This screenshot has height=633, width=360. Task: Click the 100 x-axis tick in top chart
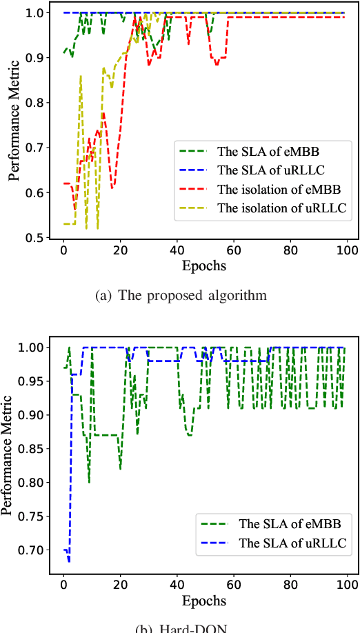click(347, 250)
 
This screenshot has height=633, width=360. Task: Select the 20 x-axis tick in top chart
click(120, 250)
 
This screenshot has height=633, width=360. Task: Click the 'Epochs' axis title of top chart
click(205, 265)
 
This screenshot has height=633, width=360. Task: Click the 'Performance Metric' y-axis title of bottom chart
click(8, 456)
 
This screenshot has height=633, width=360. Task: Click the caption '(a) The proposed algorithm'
click(179, 297)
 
